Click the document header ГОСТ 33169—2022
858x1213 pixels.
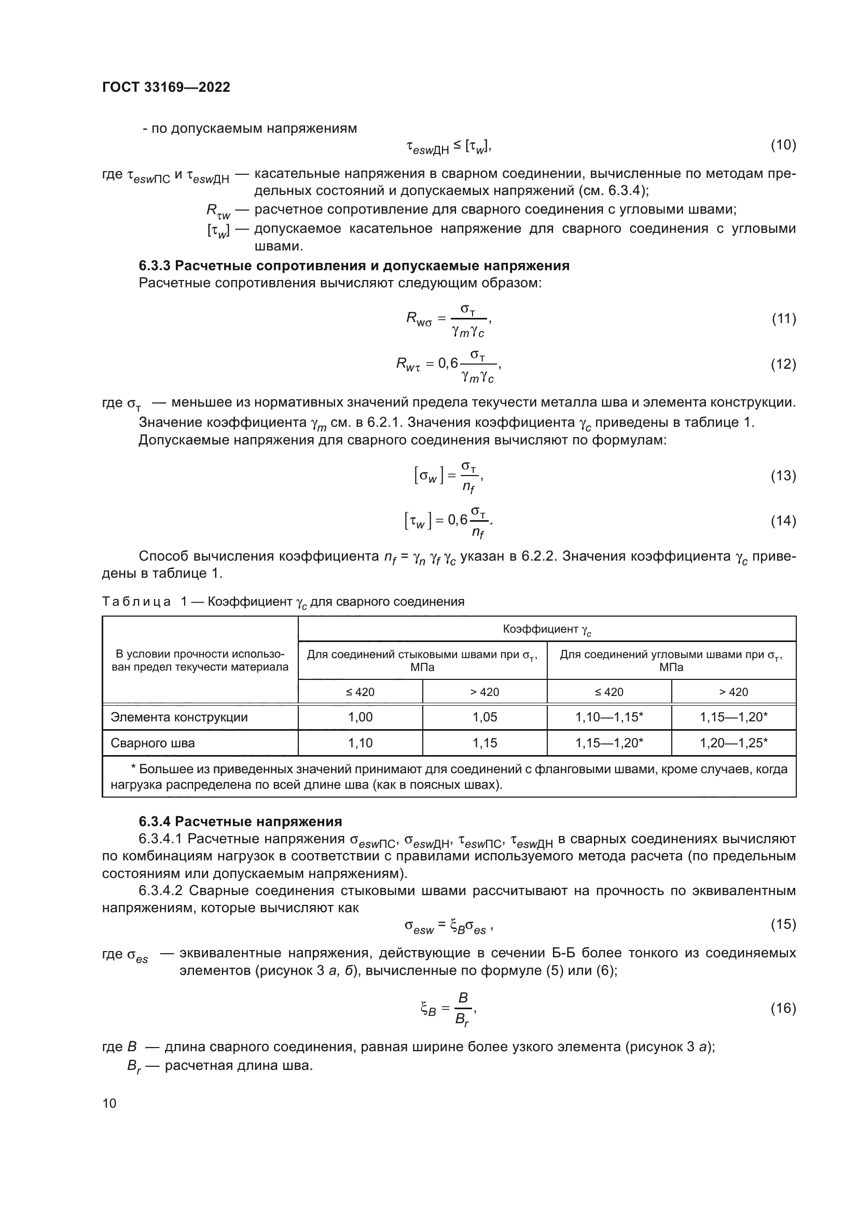coord(166,88)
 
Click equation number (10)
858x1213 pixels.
coord(783,145)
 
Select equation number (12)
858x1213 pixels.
coord(783,364)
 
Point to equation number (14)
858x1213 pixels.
coord(783,521)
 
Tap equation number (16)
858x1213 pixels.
coord(783,1009)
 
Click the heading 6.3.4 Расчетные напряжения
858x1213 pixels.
coord(240,821)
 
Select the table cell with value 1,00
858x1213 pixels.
coord(360,717)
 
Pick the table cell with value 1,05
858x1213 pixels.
coord(485,717)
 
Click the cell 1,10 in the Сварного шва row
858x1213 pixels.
coord(360,743)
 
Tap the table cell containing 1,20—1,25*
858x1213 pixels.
coord(734,743)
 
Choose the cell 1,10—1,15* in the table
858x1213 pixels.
coord(609,717)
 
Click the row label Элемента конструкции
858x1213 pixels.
coord(178,717)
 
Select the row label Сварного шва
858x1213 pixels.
coord(152,743)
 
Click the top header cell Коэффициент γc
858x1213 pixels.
coord(547,629)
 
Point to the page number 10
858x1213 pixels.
coord(109,1103)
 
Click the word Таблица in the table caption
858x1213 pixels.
coord(136,602)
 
